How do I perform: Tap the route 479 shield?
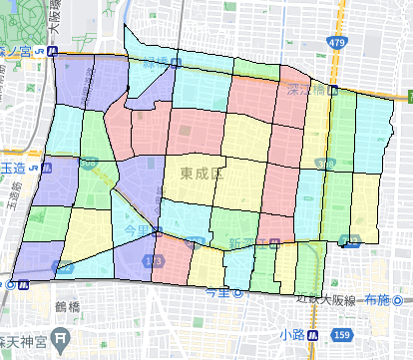tap(337, 43)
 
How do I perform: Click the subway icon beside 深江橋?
tap(334, 90)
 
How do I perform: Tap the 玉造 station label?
tap(12, 168)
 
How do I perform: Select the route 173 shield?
tap(153, 260)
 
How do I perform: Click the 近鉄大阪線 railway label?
tap(325, 298)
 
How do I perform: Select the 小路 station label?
tap(292, 334)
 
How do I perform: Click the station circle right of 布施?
tap(400, 298)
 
